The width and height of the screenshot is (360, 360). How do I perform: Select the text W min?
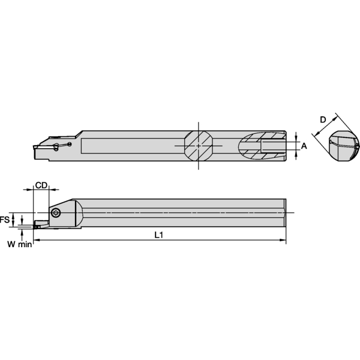coord(19,244)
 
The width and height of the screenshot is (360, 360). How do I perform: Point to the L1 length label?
coord(158,235)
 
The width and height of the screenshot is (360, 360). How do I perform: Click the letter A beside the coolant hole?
coord(304,145)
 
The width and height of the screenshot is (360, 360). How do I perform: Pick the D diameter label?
coord(323,120)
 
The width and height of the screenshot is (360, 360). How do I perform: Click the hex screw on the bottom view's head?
coord(56,212)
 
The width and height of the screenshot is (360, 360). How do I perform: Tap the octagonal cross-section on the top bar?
coord(199,146)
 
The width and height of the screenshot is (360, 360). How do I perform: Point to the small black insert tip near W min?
coord(38,226)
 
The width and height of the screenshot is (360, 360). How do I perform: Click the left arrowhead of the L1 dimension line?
coord(35,241)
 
